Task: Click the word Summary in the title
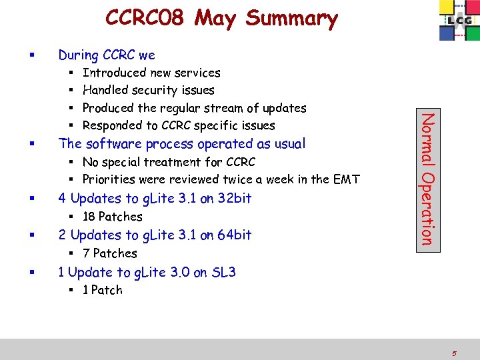pos(291,19)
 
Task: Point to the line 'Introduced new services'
pos(151,73)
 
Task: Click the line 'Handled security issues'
pos(148,90)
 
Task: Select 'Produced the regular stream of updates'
pos(194,108)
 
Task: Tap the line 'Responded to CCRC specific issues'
pos(178,125)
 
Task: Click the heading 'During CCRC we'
pos(107,55)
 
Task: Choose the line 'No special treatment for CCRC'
pos(168,162)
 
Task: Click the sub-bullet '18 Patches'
pos(112,217)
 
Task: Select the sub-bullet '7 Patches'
pos(109,253)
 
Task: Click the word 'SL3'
pos(223,272)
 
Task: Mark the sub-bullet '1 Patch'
pos(102,290)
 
